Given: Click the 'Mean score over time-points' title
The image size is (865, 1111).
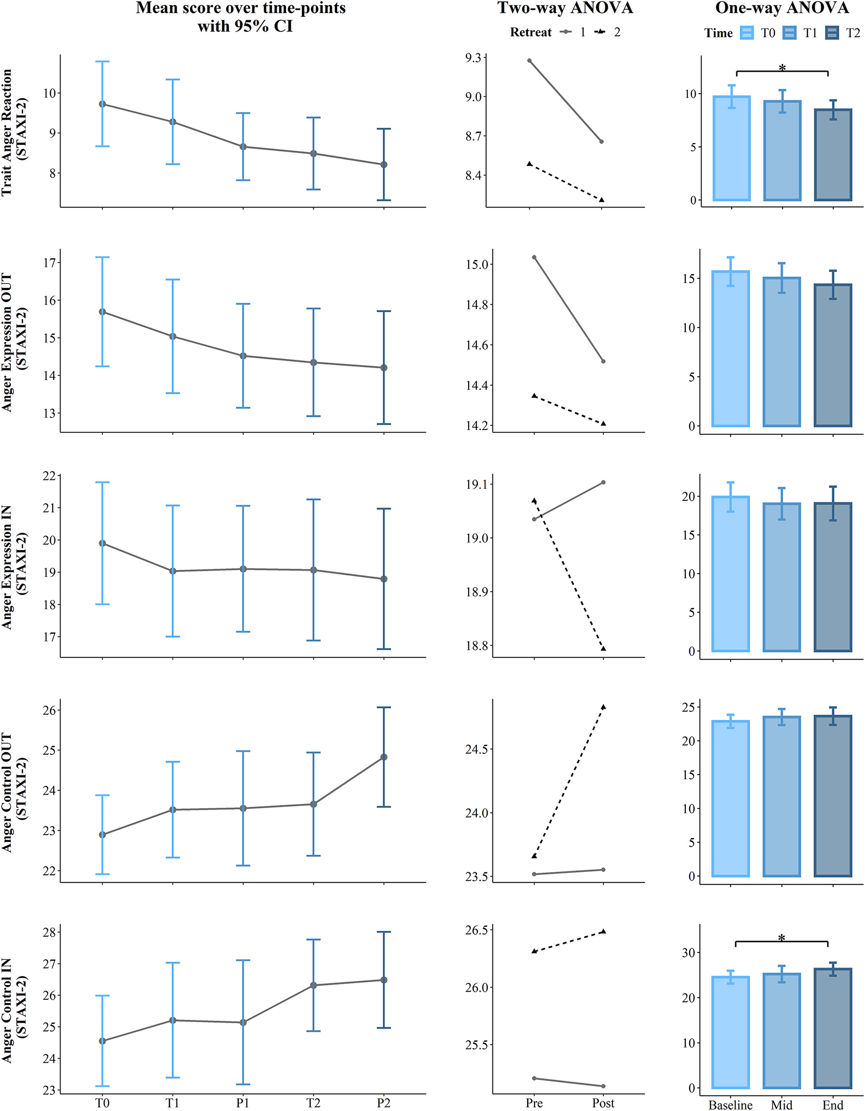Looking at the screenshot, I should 240,9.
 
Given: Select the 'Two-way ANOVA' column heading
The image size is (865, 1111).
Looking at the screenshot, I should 565,9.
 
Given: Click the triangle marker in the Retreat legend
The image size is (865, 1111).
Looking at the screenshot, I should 601,32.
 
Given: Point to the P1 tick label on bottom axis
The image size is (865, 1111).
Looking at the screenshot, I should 243,1103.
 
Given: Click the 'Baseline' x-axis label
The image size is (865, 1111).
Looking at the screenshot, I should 731,1104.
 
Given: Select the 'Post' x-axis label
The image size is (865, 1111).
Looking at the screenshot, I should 603,1103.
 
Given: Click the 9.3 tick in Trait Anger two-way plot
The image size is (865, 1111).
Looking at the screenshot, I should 473,58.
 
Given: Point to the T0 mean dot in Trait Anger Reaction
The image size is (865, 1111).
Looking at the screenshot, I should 103,104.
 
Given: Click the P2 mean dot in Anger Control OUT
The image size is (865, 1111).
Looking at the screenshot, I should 384,757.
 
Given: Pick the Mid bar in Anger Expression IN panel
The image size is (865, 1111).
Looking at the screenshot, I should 782,577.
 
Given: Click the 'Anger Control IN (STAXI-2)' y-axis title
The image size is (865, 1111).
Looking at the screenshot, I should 14,1010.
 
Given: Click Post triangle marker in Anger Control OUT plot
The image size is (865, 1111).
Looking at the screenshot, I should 603,707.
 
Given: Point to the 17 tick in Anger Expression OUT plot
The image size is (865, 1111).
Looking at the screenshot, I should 50,263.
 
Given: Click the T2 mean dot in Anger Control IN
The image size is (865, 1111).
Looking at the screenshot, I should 313,986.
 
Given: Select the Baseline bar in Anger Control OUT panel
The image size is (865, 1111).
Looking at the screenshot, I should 731,798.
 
